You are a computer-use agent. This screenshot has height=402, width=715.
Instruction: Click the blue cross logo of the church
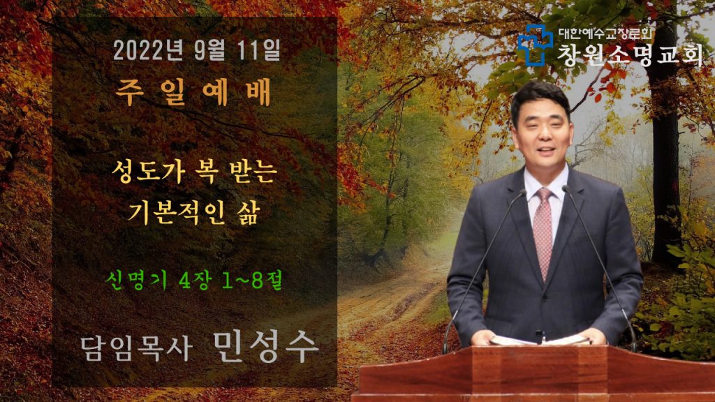pos(534,45)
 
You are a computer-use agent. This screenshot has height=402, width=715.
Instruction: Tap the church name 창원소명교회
pos(630,54)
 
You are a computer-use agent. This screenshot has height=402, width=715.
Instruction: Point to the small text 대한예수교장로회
pos(605,33)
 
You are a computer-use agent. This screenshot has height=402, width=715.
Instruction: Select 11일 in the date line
pos(259,50)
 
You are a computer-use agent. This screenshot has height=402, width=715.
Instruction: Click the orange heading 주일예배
pos(193,91)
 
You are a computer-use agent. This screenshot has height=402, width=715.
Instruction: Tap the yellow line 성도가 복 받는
pos(194,172)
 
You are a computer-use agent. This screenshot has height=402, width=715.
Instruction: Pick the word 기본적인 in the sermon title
pos(177,212)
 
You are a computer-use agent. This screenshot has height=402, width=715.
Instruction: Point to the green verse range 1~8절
pos(252,279)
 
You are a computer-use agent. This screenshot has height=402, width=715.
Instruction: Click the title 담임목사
pos(135,349)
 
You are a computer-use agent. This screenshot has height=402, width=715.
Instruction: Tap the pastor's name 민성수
pos(265,347)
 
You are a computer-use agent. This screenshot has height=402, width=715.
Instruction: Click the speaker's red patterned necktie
pos(543,232)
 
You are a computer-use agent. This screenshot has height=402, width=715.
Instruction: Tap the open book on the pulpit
pos(540,340)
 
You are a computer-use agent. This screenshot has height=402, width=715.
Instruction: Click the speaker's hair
pos(540,95)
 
